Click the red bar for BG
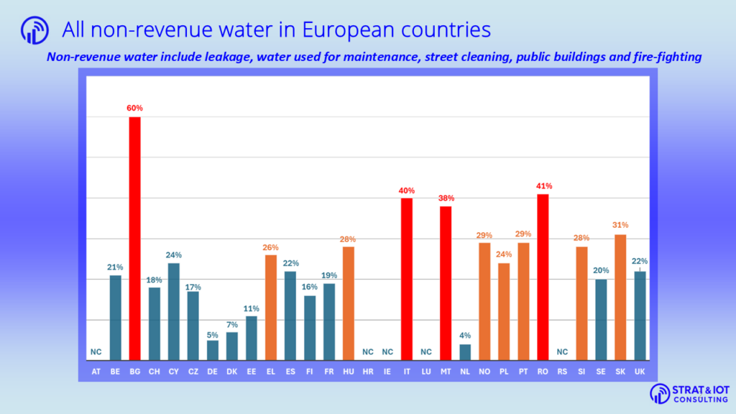(x=135, y=238)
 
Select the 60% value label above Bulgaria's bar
(x=135, y=109)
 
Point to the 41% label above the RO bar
(x=543, y=186)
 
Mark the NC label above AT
(x=96, y=352)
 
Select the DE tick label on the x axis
(x=213, y=372)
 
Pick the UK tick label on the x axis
(x=640, y=372)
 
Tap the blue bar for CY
(x=174, y=311)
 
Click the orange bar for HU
(x=349, y=303)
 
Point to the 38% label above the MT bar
(x=446, y=198)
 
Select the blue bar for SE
(x=601, y=319)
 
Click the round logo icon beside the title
(x=35, y=30)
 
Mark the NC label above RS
(x=562, y=352)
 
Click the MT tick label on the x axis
(x=446, y=372)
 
